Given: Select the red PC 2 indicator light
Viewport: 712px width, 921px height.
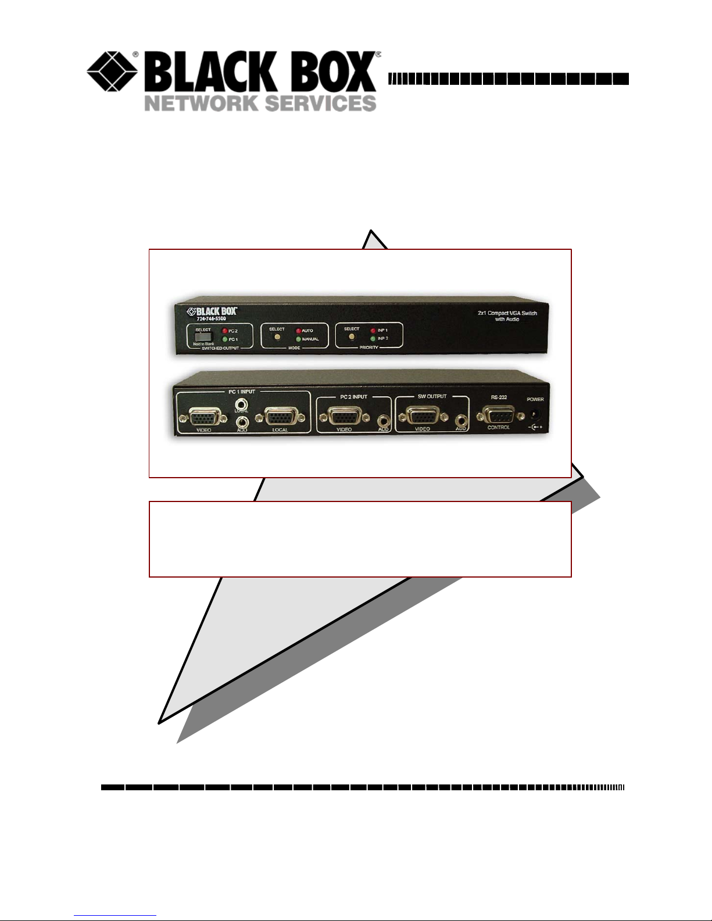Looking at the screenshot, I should click(x=224, y=331).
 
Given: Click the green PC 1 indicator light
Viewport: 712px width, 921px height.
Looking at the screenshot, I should click(x=224, y=339).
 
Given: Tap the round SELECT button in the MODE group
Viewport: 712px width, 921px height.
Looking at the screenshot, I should click(x=277, y=337).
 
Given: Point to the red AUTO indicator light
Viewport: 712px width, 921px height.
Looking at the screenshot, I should click(x=298, y=331).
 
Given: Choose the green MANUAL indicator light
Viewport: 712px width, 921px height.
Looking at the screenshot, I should click(x=298, y=339).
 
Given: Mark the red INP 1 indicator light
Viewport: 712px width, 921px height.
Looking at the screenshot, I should click(x=373, y=331).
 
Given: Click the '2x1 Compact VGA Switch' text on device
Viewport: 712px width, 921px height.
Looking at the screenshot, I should click(x=507, y=313).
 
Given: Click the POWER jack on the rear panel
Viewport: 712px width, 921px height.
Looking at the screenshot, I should click(x=534, y=414).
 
